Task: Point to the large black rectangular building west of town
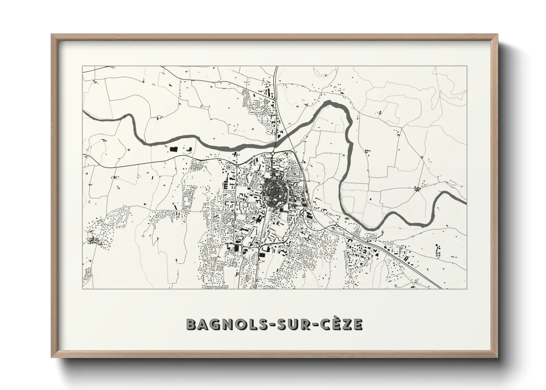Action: click(x=173, y=149)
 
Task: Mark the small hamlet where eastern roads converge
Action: click(x=418, y=190)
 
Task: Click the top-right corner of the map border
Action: click(x=467, y=66)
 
